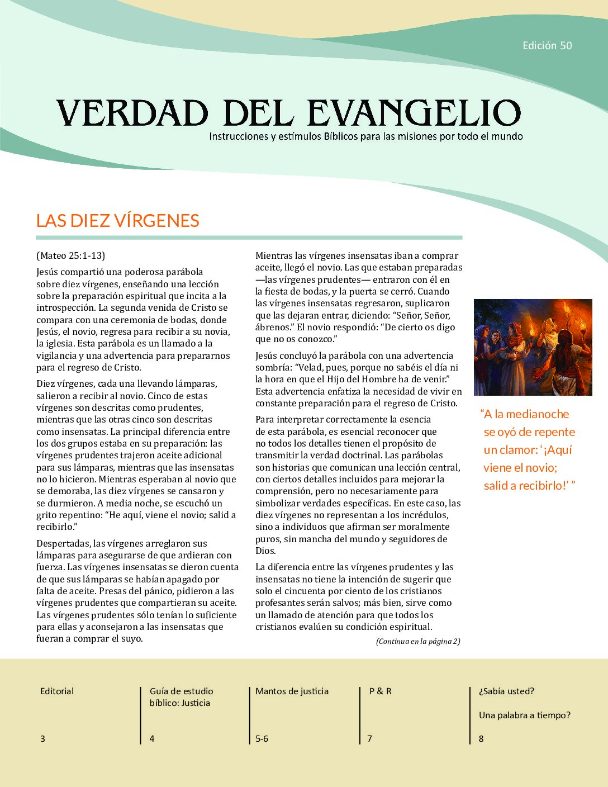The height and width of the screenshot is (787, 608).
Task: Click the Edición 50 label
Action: (547, 46)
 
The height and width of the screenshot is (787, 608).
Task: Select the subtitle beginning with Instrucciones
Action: (365, 136)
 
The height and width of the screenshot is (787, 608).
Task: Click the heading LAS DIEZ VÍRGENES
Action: (117, 221)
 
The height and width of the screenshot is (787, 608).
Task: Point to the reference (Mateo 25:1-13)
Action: (70, 256)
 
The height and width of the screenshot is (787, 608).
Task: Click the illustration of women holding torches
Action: (533, 347)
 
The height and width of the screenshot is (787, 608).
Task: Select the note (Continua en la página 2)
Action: (418, 642)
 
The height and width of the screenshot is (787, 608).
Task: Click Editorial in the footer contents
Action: (57, 691)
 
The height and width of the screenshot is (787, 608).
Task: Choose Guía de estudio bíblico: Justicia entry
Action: (181, 697)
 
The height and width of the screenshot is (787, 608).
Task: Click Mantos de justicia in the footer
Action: (292, 691)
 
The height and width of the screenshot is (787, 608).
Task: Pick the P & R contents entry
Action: (380, 691)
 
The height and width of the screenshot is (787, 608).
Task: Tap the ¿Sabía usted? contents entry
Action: (506, 691)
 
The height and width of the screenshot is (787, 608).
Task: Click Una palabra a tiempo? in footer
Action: (524, 715)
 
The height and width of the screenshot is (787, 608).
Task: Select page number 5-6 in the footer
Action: (262, 739)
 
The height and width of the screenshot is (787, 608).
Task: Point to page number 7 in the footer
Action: (369, 739)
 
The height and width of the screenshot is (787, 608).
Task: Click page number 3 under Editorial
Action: (42, 739)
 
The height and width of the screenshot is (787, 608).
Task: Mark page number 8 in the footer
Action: (481, 739)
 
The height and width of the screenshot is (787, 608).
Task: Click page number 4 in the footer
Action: (152, 739)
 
